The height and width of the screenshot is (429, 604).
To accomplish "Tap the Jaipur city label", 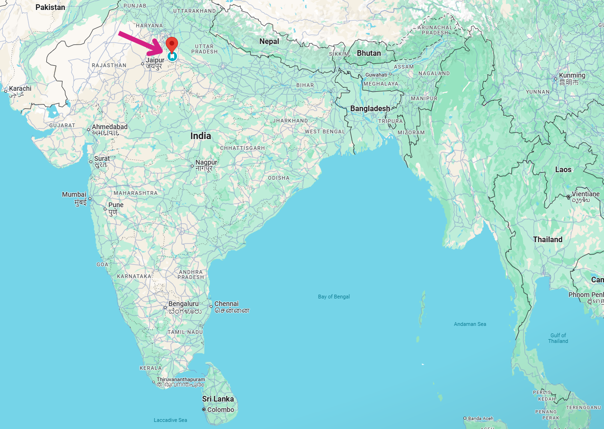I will [155, 61].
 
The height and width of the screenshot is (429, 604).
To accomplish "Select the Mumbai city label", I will [74, 195].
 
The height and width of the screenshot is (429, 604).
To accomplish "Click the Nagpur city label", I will [206, 163].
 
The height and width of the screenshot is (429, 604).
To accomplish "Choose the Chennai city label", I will [226, 304].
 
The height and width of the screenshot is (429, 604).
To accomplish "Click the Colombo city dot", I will [204, 410].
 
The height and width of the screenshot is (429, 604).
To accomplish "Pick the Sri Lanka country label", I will [218, 399].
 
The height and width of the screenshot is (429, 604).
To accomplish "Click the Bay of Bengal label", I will [334, 297].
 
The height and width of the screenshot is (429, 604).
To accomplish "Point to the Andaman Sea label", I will [470, 324].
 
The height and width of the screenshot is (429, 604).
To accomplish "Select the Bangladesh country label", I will [370, 108].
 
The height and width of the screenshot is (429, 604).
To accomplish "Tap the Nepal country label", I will [269, 42].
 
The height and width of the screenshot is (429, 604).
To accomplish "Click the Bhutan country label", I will [369, 53].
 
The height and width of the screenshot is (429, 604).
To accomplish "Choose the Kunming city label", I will [572, 75].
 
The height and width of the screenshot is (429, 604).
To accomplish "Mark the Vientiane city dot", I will [568, 197].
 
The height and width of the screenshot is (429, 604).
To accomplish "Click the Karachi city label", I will [20, 88].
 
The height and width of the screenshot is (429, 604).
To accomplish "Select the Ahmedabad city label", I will [110, 127].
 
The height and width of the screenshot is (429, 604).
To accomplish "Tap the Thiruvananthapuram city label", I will [181, 380].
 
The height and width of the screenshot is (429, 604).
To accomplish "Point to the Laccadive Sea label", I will [170, 420].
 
